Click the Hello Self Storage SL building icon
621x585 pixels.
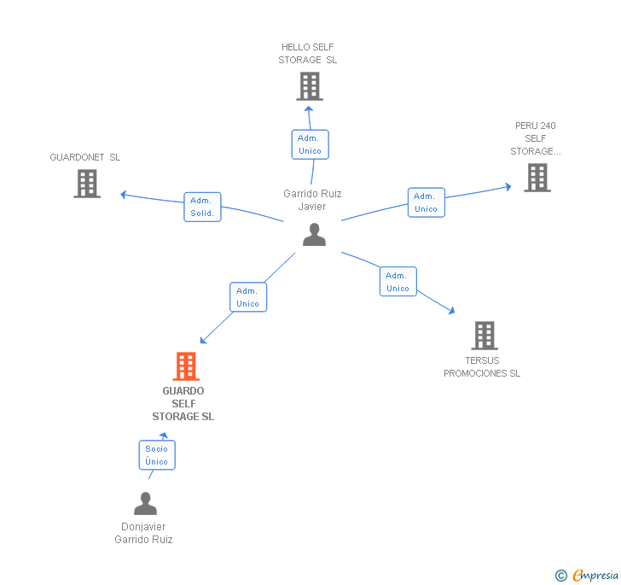click(x=309, y=86)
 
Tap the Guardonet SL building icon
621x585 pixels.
click(x=87, y=184)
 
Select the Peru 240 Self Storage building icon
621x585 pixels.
click(x=537, y=178)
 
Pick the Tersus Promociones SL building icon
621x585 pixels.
click(x=484, y=336)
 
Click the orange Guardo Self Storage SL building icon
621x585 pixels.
click(x=185, y=366)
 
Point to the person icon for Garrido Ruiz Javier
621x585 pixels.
click(x=314, y=235)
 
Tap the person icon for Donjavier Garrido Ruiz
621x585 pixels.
click(x=145, y=504)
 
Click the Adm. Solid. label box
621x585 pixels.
click(x=202, y=207)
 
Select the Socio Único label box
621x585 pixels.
click(x=157, y=455)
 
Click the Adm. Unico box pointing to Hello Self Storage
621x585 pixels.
click(x=310, y=144)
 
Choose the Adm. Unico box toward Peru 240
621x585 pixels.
click(x=426, y=202)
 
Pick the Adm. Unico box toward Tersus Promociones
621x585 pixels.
click(x=398, y=282)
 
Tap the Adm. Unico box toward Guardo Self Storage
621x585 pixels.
click(x=247, y=297)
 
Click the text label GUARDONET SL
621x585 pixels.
click(x=85, y=157)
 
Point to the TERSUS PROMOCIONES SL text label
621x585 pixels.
click(x=482, y=367)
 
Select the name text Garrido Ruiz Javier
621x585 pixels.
click(x=312, y=200)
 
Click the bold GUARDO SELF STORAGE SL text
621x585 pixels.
click(x=183, y=404)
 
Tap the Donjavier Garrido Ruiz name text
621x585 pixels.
click(x=143, y=533)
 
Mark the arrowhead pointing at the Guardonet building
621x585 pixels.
click(x=124, y=195)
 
